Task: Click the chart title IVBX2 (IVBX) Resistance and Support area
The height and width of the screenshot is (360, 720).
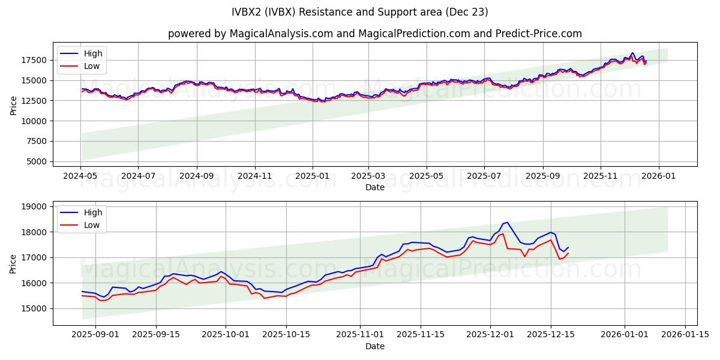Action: (x=359, y=12)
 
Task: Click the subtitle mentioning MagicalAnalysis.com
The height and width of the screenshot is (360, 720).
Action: (x=374, y=34)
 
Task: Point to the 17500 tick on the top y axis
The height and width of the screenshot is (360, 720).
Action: (x=35, y=60)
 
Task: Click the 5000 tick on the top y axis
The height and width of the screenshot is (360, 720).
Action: (x=37, y=161)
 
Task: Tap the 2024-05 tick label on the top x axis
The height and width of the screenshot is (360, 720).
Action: (x=80, y=176)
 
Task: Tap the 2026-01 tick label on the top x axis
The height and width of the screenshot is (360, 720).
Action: (x=659, y=176)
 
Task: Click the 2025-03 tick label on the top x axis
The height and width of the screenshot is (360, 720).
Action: (x=368, y=176)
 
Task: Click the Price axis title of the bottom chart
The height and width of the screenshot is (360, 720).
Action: (x=13, y=263)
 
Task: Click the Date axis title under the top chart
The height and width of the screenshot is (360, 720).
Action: (x=374, y=187)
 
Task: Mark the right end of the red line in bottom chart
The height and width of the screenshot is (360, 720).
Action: (x=568, y=253)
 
